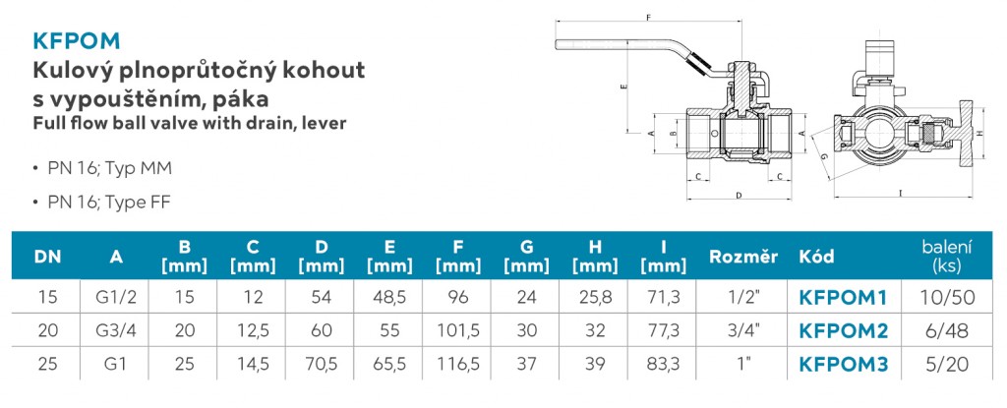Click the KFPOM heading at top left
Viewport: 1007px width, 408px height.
pyautogui.click(x=76, y=40)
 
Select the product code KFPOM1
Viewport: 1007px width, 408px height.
pyautogui.click(x=843, y=297)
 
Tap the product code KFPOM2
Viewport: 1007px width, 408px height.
pyautogui.click(x=843, y=330)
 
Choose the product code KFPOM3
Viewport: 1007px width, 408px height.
pyautogui.click(x=843, y=364)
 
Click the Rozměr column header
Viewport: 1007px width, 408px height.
pyautogui.click(x=743, y=257)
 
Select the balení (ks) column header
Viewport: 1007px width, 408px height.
pyautogui.click(x=947, y=256)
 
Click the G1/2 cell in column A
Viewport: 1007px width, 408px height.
pyautogui.click(x=116, y=297)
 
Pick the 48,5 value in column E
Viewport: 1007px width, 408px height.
pyautogui.click(x=389, y=297)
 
